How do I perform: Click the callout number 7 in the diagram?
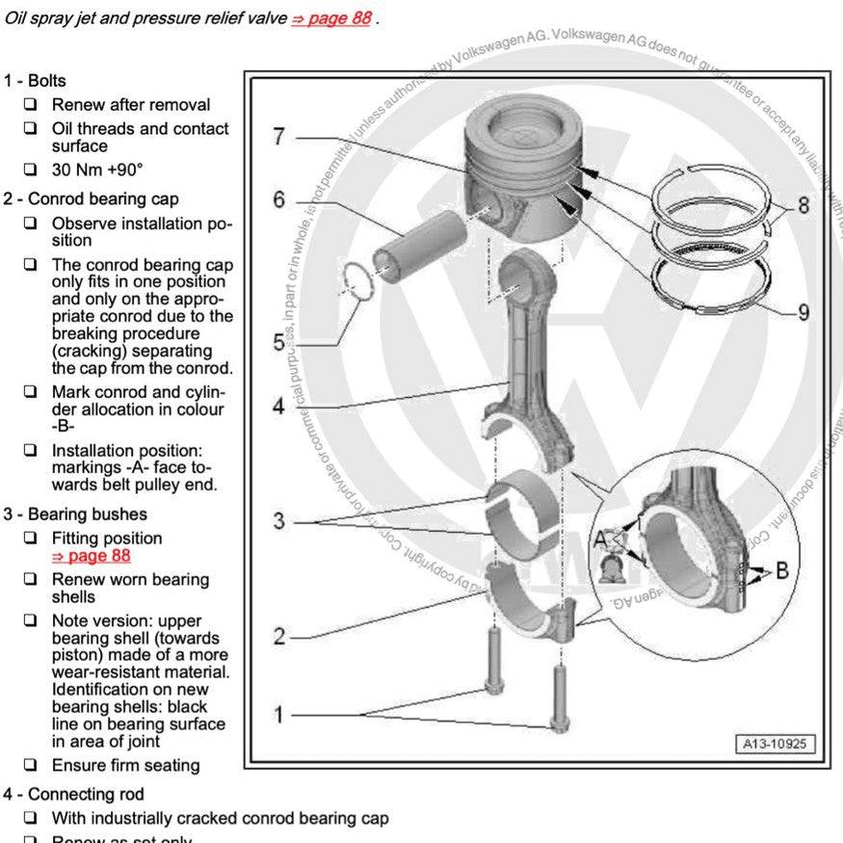point(278,137)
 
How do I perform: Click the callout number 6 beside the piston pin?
point(278,200)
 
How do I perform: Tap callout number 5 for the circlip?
point(278,342)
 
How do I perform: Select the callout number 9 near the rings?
point(803,312)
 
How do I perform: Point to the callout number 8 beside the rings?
point(803,205)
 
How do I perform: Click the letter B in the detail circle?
point(781,570)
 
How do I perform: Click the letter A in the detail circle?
point(601,538)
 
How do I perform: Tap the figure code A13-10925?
point(776,744)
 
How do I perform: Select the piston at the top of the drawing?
point(520,164)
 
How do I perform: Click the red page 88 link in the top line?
point(331,18)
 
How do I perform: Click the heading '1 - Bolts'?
point(35,81)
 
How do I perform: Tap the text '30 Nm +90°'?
point(97,170)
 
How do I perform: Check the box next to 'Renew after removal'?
point(32,104)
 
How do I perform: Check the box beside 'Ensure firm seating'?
point(32,765)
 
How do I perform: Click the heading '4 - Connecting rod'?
point(73,794)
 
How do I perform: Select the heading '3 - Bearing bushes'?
point(75,514)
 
